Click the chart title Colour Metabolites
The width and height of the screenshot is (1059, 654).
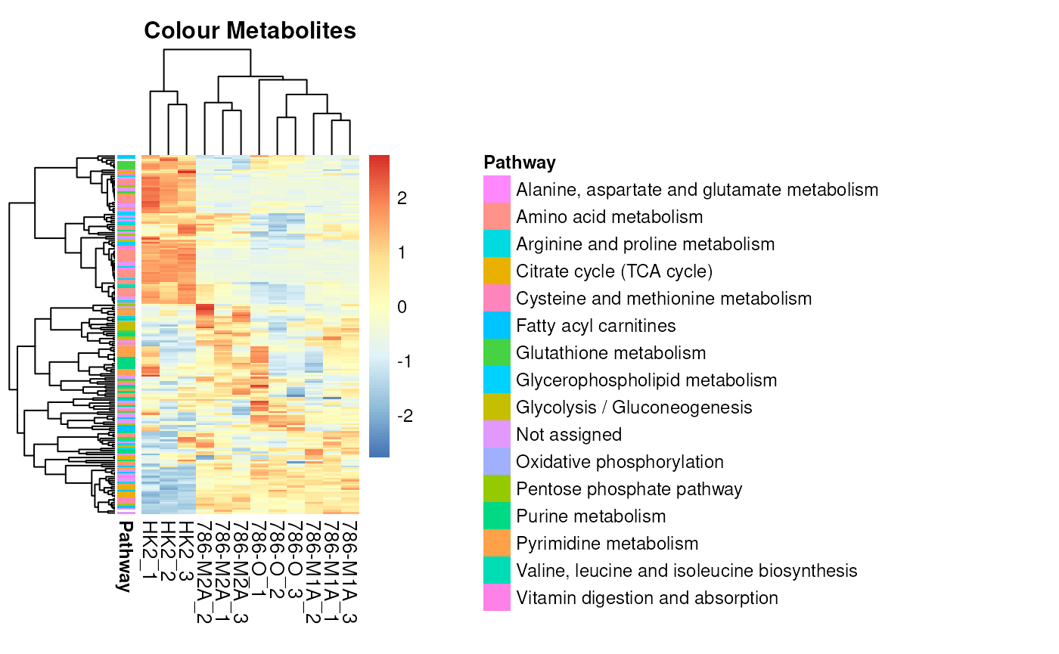click(250, 31)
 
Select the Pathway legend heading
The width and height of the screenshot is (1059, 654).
click(520, 163)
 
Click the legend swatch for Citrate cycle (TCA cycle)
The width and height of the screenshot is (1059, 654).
click(497, 271)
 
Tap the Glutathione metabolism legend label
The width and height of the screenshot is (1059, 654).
click(610, 353)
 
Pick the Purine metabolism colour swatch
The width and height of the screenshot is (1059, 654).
click(497, 516)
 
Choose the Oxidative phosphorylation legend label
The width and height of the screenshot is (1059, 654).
click(620, 462)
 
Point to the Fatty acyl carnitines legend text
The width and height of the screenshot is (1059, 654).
click(595, 326)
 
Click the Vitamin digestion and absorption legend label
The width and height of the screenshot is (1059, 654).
click(647, 598)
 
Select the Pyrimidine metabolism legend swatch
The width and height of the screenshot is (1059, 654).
click(497, 544)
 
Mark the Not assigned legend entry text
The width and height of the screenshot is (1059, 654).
click(568, 435)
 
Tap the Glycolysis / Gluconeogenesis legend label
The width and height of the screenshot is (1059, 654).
click(634, 408)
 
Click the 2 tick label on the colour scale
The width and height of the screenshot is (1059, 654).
click(402, 198)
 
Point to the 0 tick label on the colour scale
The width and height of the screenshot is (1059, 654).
click(402, 307)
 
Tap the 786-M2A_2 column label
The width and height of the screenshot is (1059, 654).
click(205, 571)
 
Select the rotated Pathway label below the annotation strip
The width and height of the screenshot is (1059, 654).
click(126, 556)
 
